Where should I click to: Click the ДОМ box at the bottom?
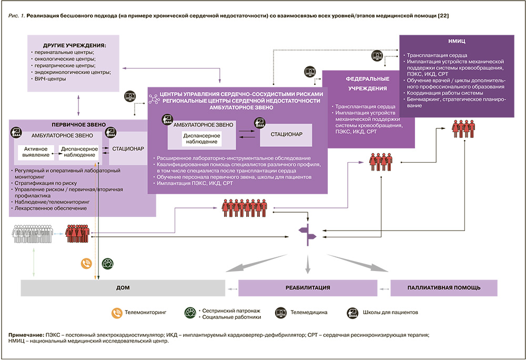tap(123, 288)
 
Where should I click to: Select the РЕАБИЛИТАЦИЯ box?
tap(308, 288)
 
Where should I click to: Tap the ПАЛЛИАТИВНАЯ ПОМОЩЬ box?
tap(443, 288)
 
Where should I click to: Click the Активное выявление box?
tap(36, 152)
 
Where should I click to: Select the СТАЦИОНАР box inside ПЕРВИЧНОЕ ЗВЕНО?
tap(128, 148)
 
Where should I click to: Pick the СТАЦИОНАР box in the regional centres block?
tap(286, 135)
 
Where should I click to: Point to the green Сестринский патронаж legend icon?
tap(190, 312)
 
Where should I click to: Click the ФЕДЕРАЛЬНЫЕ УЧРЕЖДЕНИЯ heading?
tap(367, 82)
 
